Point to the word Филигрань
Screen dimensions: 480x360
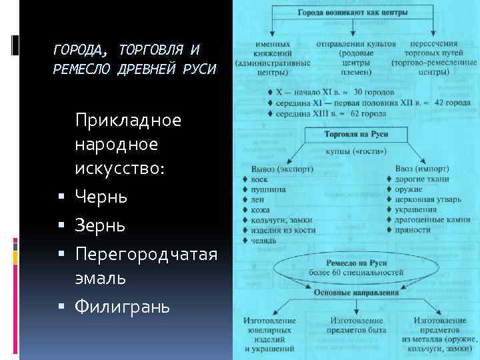click(x=123, y=307)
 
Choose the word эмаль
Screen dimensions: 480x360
click(x=100, y=278)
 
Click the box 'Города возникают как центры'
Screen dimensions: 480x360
click(x=353, y=13)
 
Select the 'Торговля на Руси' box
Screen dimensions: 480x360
click(x=356, y=135)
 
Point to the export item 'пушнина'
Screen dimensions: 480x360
click(x=269, y=189)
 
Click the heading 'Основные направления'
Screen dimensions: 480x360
click(x=356, y=292)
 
